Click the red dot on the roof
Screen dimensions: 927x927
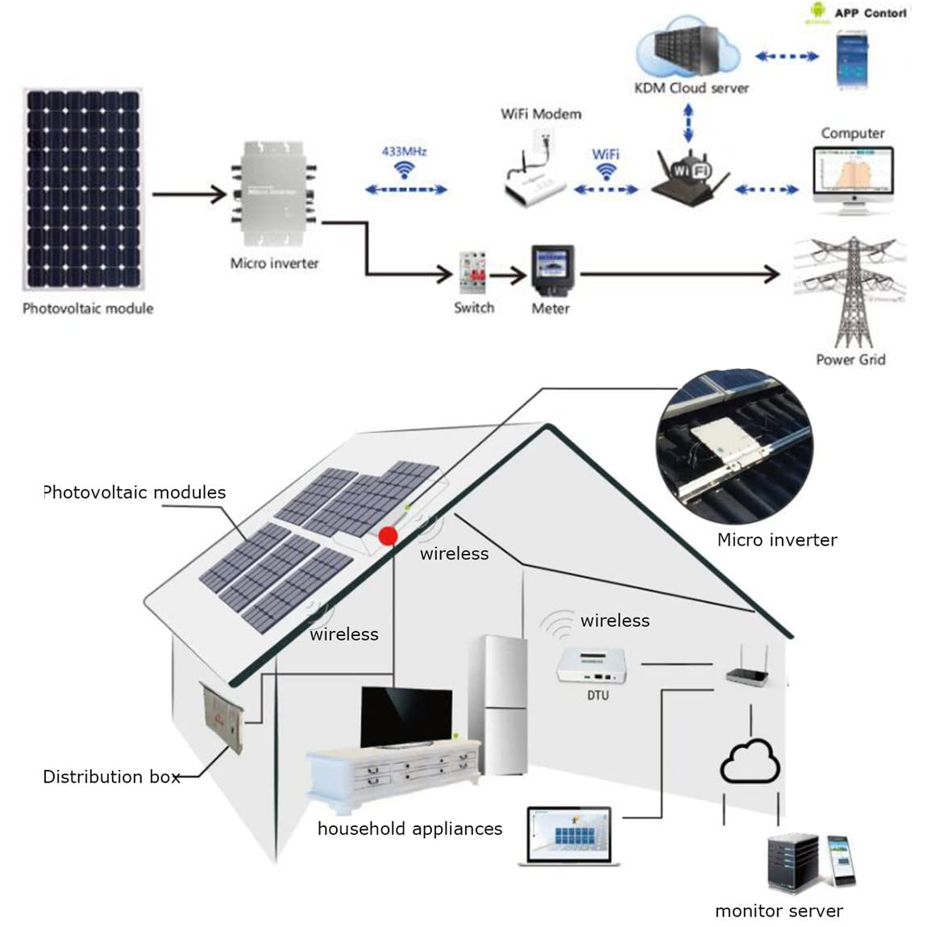point(388,536)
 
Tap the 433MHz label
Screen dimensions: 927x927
point(404,152)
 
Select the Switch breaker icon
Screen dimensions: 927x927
point(472,273)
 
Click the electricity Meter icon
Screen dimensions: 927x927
point(551,272)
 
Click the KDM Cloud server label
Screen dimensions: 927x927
point(691,88)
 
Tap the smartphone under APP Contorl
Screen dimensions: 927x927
point(851,60)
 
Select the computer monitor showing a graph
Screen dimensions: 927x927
point(853,179)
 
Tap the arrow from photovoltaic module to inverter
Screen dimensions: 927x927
point(189,193)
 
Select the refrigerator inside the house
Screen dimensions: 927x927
point(498,705)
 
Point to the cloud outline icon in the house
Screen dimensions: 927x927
point(750,761)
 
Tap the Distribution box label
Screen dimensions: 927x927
point(111,777)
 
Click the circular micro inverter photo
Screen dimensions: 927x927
point(734,448)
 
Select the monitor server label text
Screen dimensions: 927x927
point(779,911)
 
